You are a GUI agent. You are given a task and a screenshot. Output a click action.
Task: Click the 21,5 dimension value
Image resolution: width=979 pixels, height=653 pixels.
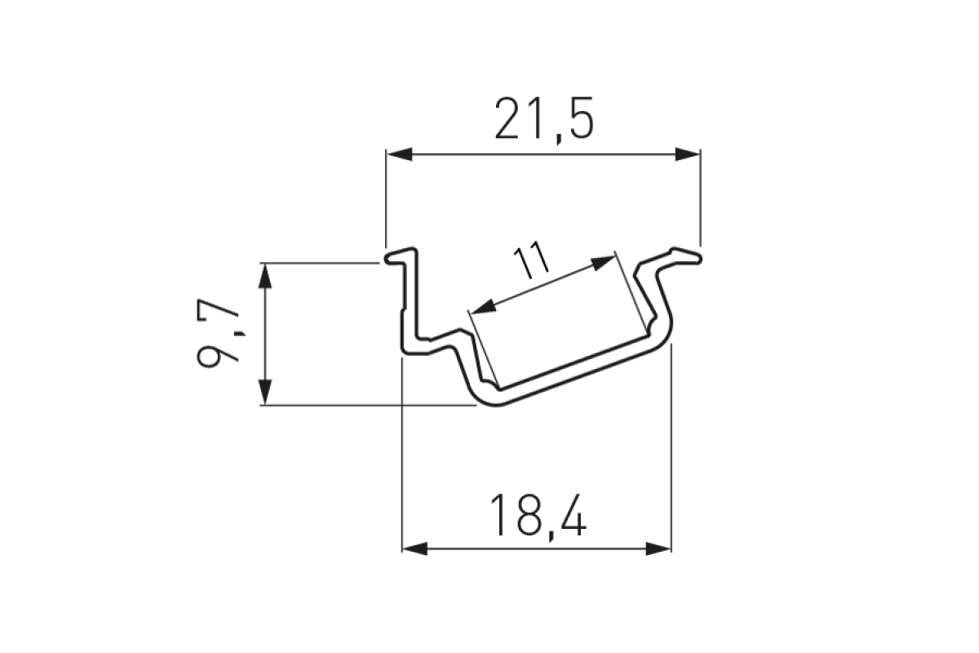click(x=544, y=120)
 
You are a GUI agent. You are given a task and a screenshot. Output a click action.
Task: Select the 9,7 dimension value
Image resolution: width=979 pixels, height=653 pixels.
click(x=218, y=333)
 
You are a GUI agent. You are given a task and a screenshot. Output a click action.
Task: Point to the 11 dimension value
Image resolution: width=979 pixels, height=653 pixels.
click(x=530, y=260)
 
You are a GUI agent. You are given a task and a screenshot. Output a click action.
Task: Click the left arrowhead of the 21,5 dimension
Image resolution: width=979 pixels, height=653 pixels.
click(x=399, y=154)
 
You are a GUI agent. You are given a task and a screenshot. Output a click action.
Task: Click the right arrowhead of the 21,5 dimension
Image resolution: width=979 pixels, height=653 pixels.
click(x=688, y=154)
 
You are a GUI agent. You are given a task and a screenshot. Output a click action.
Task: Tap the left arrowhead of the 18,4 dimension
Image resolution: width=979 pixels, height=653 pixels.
click(x=414, y=549)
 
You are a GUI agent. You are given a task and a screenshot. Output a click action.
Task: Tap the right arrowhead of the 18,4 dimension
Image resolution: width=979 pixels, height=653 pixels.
click(x=658, y=549)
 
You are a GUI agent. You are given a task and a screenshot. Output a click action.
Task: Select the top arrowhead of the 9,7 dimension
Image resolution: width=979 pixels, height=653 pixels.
click(x=265, y=276)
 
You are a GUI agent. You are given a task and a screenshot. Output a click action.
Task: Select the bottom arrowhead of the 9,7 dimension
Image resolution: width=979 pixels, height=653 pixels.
click(x=265, y=393)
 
